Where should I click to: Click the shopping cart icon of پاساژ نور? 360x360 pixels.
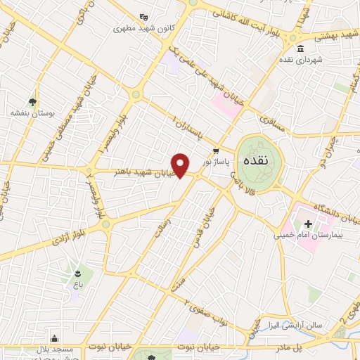pos(217,150)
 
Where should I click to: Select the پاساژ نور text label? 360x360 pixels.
pos(217,161)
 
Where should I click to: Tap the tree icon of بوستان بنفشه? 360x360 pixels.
pos(32,102)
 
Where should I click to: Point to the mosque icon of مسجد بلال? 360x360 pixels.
pos(54,337)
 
